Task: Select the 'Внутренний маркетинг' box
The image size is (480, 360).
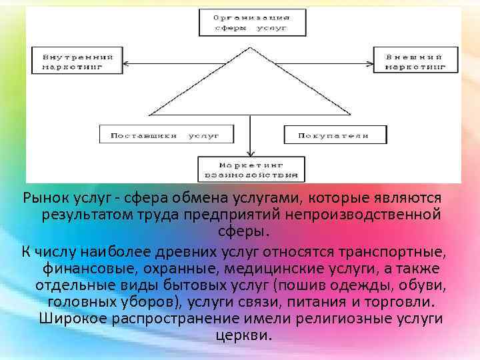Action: click(x=73, y=61)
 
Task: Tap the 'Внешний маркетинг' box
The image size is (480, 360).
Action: click(x=415, y=61)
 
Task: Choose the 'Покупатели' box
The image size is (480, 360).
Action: click(x=335, y=135)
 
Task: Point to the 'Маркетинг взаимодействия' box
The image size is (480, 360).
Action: click(x=251, y=169)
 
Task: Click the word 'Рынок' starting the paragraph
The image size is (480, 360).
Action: click(x=45, y=198)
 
